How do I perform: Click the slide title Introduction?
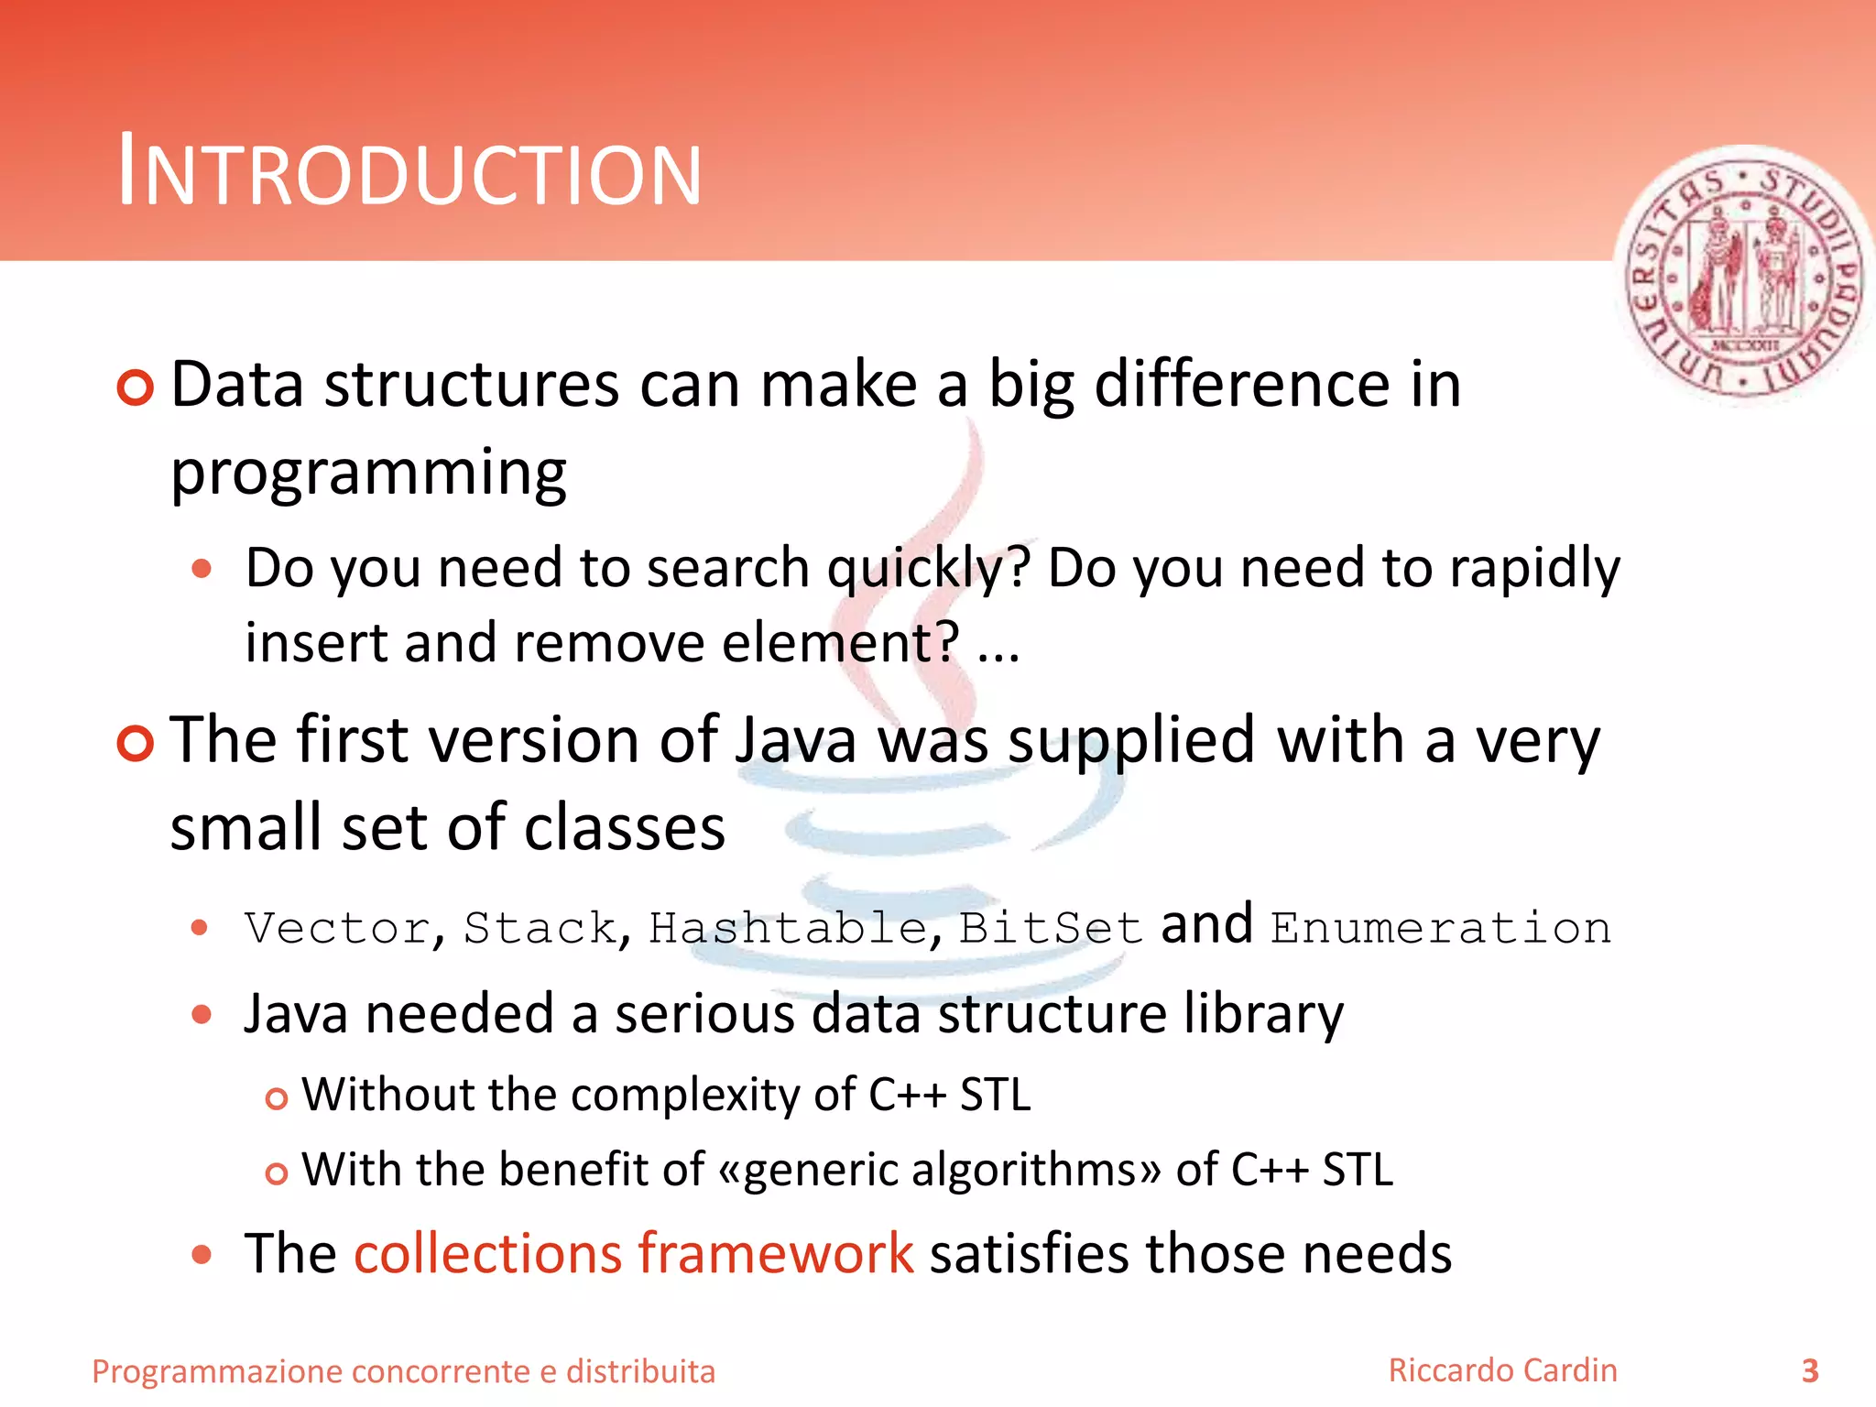point(409,172)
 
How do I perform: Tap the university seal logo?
point(1743,275)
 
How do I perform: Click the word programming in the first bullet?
point(368,474)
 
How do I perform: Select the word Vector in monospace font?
point(337,928)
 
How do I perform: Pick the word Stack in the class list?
point(540,928)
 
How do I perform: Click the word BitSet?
point(1050,928)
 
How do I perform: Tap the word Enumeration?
point(1440,928)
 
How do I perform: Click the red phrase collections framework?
point(633,1253)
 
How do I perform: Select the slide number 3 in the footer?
point(1809,1371)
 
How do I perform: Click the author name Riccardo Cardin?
point(1502,1370)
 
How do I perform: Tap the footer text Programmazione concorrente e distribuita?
point(403,1371)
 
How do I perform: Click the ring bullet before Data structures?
point(136,388)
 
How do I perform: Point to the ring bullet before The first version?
point(136,743)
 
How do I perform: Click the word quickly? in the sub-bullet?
point(928,569)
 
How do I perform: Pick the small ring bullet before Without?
point(276,1098)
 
